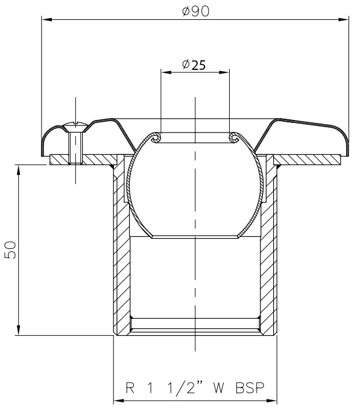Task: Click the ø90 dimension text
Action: point(195,11)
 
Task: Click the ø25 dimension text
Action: point(194,65)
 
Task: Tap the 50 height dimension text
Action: point(10,250)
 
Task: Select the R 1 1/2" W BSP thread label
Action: point(195,388)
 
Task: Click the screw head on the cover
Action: point(75,127)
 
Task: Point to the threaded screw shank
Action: point(75,148)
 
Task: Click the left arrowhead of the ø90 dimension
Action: point(47,19)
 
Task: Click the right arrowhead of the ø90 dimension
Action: point(343,19)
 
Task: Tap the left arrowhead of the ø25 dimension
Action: point(166,72)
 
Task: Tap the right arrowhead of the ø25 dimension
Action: point(224,72)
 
